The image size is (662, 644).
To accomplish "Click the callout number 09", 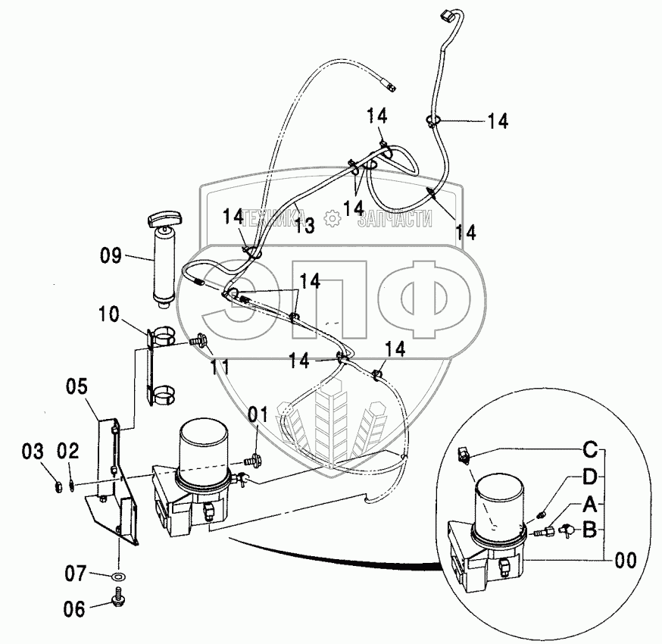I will [x=111, y=256].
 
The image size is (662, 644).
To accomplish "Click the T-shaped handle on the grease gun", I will [x=164, y=220].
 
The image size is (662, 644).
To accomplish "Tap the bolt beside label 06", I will [x=120, y=601].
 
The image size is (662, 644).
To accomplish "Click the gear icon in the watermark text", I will [x=331, y=219].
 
